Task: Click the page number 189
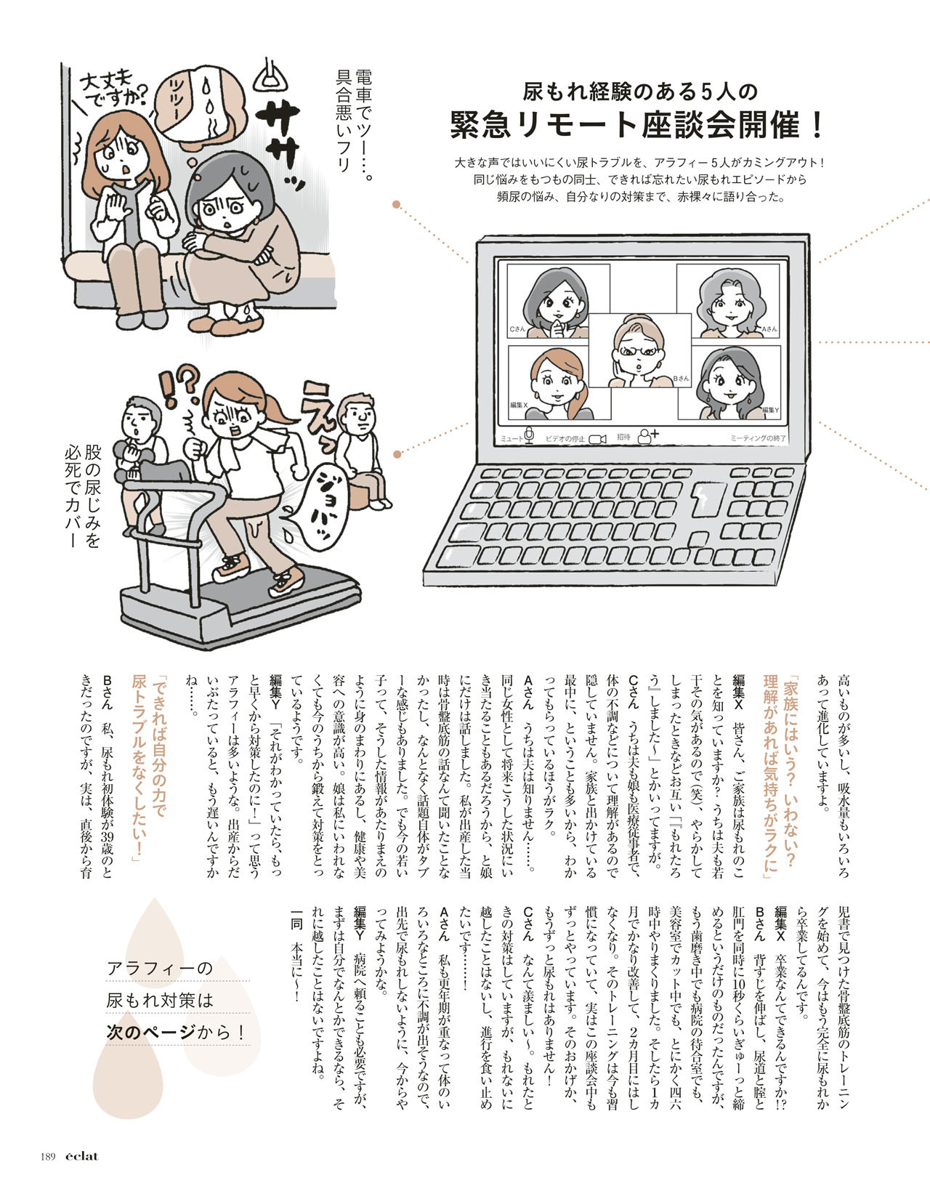[48, 1156]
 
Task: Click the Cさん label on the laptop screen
[517, 329]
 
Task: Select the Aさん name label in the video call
[769, 329]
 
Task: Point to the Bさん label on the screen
[681, 378]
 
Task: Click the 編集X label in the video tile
[519, 405]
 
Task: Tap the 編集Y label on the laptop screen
[771, 409]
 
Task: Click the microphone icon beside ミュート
[529, 435]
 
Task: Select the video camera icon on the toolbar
[598, 439]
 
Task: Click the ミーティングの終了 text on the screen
[758, 438]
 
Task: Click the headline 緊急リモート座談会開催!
[638, 125]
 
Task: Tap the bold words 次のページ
[150, 1033]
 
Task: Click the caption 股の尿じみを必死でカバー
[83, 494]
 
